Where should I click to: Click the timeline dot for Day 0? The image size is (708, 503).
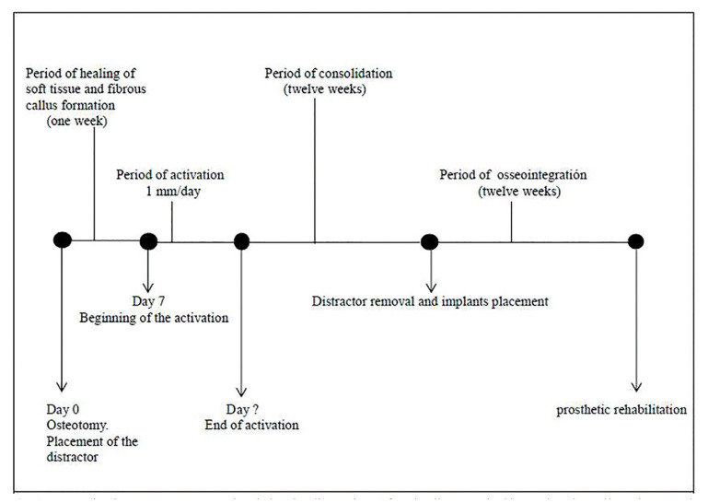tap(62, 241)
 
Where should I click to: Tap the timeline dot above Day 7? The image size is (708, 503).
tap(148, 241)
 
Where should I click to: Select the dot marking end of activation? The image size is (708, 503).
tap(242, 241)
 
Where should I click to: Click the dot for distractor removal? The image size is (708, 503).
tap(429, 241)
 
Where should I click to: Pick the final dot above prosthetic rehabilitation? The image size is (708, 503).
tap(635, 241)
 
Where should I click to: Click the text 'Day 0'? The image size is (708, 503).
tap(63, 409)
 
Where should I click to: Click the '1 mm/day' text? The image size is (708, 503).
tap(170, 191)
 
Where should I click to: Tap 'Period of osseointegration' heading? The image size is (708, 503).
tap(513, 175)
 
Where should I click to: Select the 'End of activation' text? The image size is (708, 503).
tap(245, 425)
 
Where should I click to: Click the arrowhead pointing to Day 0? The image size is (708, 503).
tap(62, 387)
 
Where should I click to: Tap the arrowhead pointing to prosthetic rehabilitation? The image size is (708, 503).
tap(635, 386)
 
